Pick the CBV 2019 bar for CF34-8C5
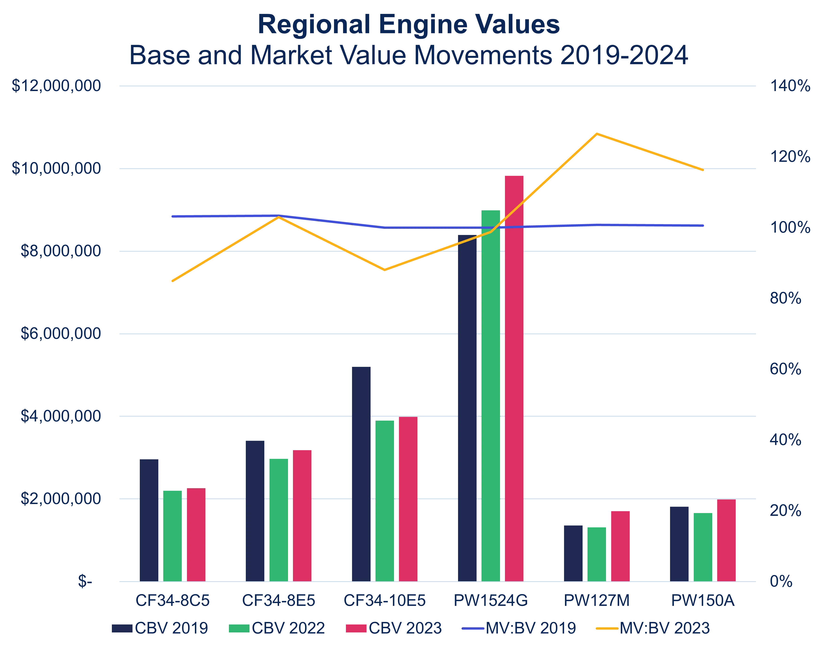point(149,519)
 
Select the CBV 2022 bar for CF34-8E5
point(279,519)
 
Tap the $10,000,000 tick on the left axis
point(56,168)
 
